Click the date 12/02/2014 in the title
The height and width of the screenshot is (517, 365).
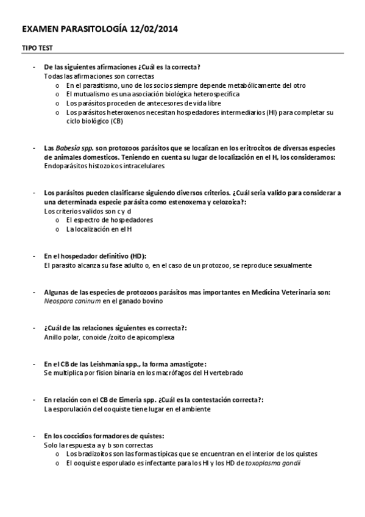click(x=154, y=29)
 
